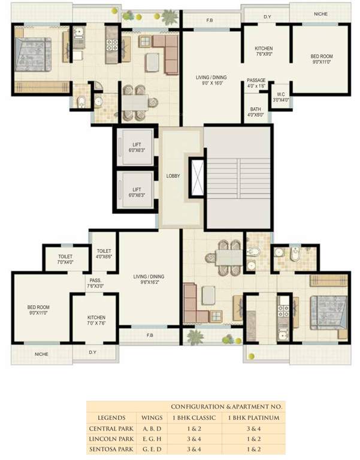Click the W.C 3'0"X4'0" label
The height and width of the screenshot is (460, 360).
pyautogui.click(x=280, y=97)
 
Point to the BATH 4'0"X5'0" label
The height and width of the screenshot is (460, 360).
pyautogui.click(x=256, y=111)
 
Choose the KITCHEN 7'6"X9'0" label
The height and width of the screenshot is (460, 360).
pyautogui.click(x=264, y=51)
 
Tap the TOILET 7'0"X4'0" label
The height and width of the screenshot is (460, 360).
pyautogui.click(x=65, y=259)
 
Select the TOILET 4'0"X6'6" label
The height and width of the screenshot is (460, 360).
pyautogui.click(x=104, y=254)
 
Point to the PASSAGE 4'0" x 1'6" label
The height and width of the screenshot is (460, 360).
pyautogui.click(x=256, y=83)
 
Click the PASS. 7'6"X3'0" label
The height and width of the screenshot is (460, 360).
pyautogui.click(x=95, y=283)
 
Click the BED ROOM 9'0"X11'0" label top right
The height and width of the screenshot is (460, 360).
pyautogui.click(x=322, y=59)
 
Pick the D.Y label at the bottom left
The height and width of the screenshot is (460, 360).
pyautogui.click(x=93, y=352)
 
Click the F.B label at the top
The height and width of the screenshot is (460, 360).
pyautogui.click(x=210, y=21)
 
